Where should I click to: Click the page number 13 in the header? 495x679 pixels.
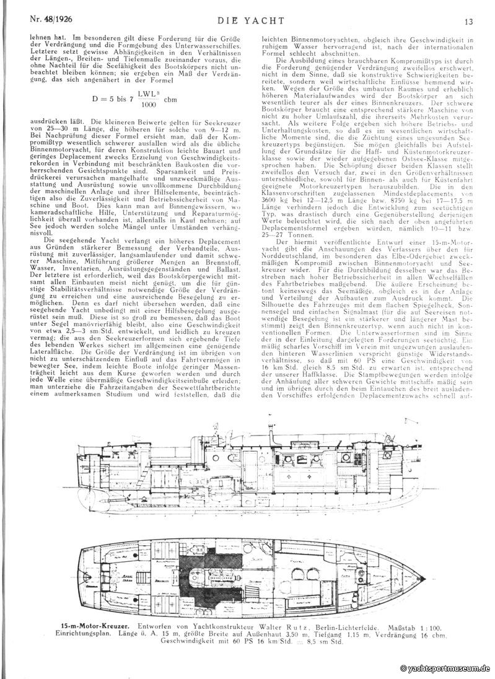[x=470, y=21]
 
